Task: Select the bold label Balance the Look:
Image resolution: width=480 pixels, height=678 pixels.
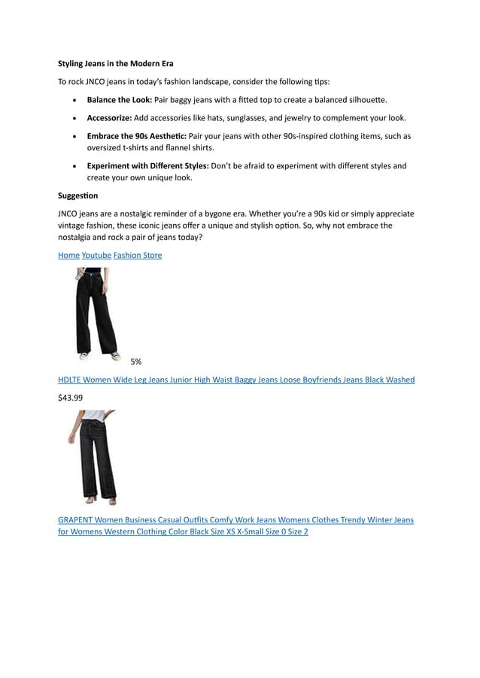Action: click(120, 99)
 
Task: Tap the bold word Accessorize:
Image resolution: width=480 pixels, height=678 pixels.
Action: click(109, 118)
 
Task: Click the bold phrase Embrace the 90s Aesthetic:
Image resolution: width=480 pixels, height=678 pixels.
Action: click(137, 136)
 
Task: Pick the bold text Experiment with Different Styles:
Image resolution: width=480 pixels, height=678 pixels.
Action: click(147, 166)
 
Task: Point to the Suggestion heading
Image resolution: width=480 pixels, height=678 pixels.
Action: click(78, 195)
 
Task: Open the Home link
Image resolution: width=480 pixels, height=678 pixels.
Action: click(68, 256)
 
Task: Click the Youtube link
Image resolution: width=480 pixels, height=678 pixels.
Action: click(96, 256)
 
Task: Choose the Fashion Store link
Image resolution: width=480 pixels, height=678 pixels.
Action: click(138, 256)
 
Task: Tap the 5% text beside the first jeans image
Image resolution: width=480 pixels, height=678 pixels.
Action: click(135, 362)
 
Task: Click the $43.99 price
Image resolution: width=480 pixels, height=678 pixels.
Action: click(71, 398)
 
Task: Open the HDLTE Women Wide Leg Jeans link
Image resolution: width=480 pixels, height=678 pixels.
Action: click(236, 380)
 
